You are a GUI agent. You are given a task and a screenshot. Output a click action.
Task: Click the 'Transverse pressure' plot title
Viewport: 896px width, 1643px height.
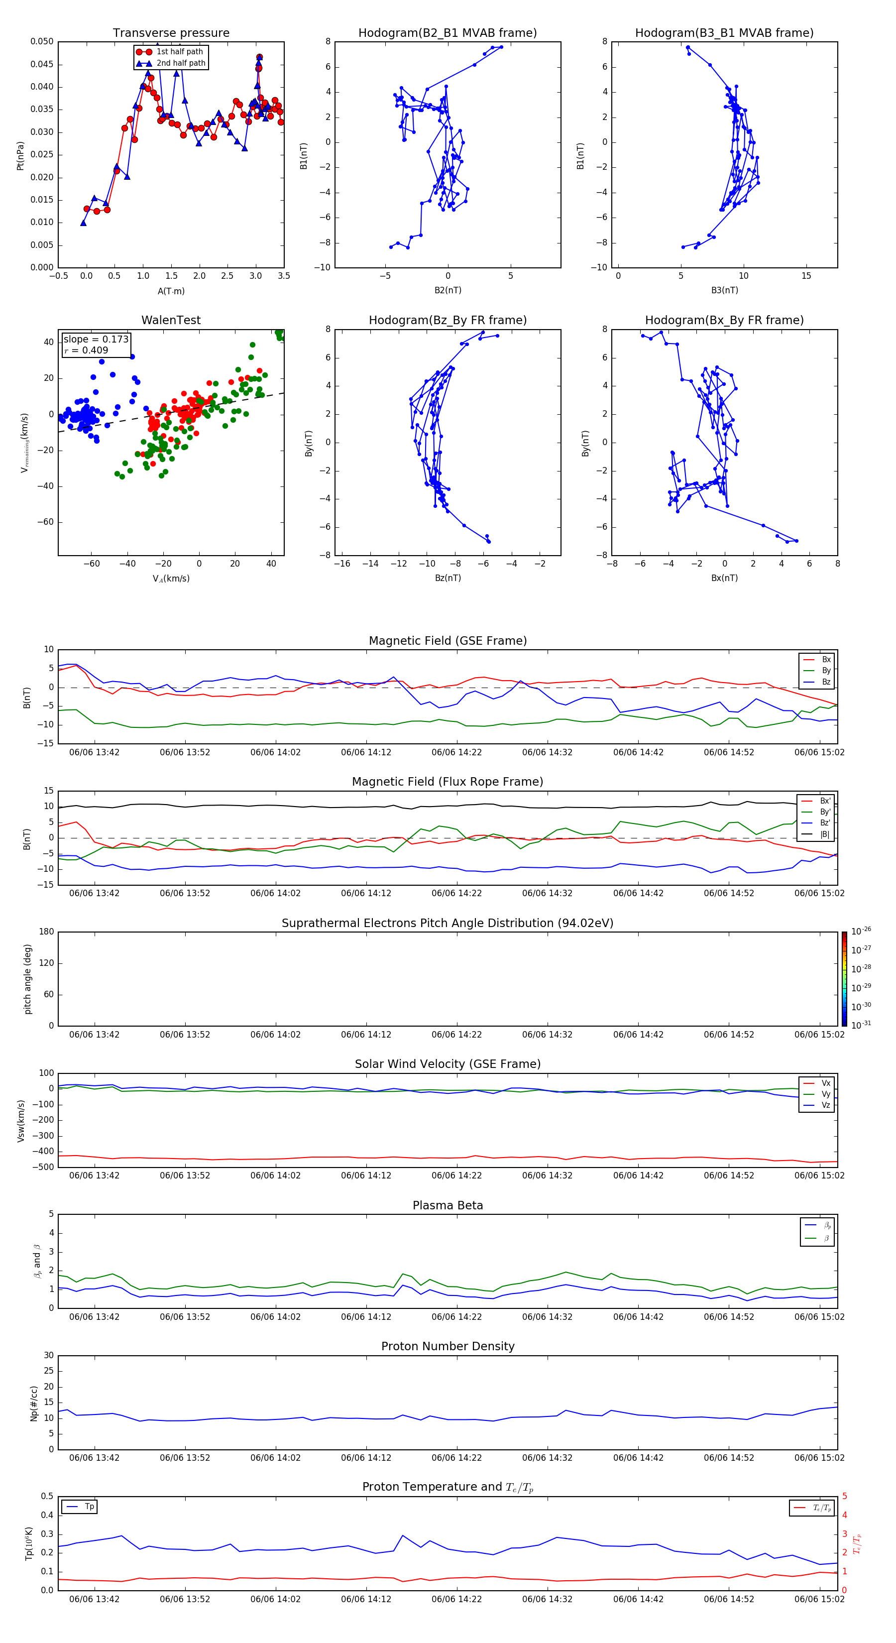click(x=171, y=33)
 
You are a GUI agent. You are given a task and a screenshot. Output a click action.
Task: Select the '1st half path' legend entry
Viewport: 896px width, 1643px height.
click(x=179, y=52)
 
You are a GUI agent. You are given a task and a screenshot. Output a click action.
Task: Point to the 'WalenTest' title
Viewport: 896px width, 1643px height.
click(x=171, y=320)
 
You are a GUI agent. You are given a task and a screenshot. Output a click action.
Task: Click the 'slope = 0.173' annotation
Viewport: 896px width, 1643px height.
click(x=96, y=340)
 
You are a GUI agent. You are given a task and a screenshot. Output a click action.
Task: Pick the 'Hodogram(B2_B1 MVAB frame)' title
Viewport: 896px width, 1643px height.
click(x=447, y=33)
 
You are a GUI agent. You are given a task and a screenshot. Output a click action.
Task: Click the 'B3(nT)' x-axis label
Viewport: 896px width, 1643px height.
click(x=724, y=290)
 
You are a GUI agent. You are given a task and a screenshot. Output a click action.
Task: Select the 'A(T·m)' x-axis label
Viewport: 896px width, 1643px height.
click(x=171, y=291)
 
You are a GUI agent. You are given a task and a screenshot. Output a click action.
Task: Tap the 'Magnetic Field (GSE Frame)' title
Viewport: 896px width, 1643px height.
click(x=448, y=641)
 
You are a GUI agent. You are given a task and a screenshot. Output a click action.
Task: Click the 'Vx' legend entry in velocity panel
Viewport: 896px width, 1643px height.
click(x=825, y=1083)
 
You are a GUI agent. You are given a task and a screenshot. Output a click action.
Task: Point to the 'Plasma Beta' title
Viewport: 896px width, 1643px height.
click(x=448, y=1205)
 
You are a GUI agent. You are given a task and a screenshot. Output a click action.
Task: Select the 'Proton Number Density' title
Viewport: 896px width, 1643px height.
click(x=448, y=1346)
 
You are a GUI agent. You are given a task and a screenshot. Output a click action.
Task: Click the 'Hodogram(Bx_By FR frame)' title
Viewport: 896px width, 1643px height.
click(x=724, y=320)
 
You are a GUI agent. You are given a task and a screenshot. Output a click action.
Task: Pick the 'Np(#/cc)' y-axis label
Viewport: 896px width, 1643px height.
click(x=34, y=1403)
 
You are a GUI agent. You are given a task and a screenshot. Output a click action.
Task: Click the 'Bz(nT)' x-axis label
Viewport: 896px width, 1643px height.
click(x=448, y=578)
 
